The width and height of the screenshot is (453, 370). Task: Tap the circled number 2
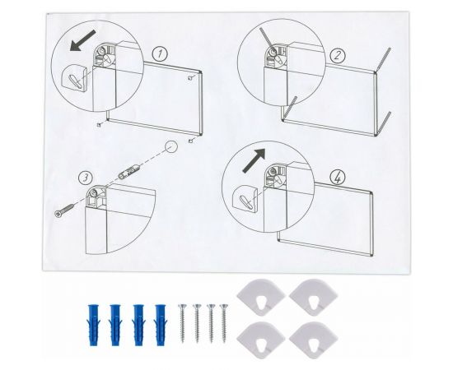click(x=337, y=56)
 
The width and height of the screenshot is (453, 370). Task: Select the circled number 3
click(x=83, y=176)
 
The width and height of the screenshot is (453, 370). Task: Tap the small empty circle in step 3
click(x=170, y=148)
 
